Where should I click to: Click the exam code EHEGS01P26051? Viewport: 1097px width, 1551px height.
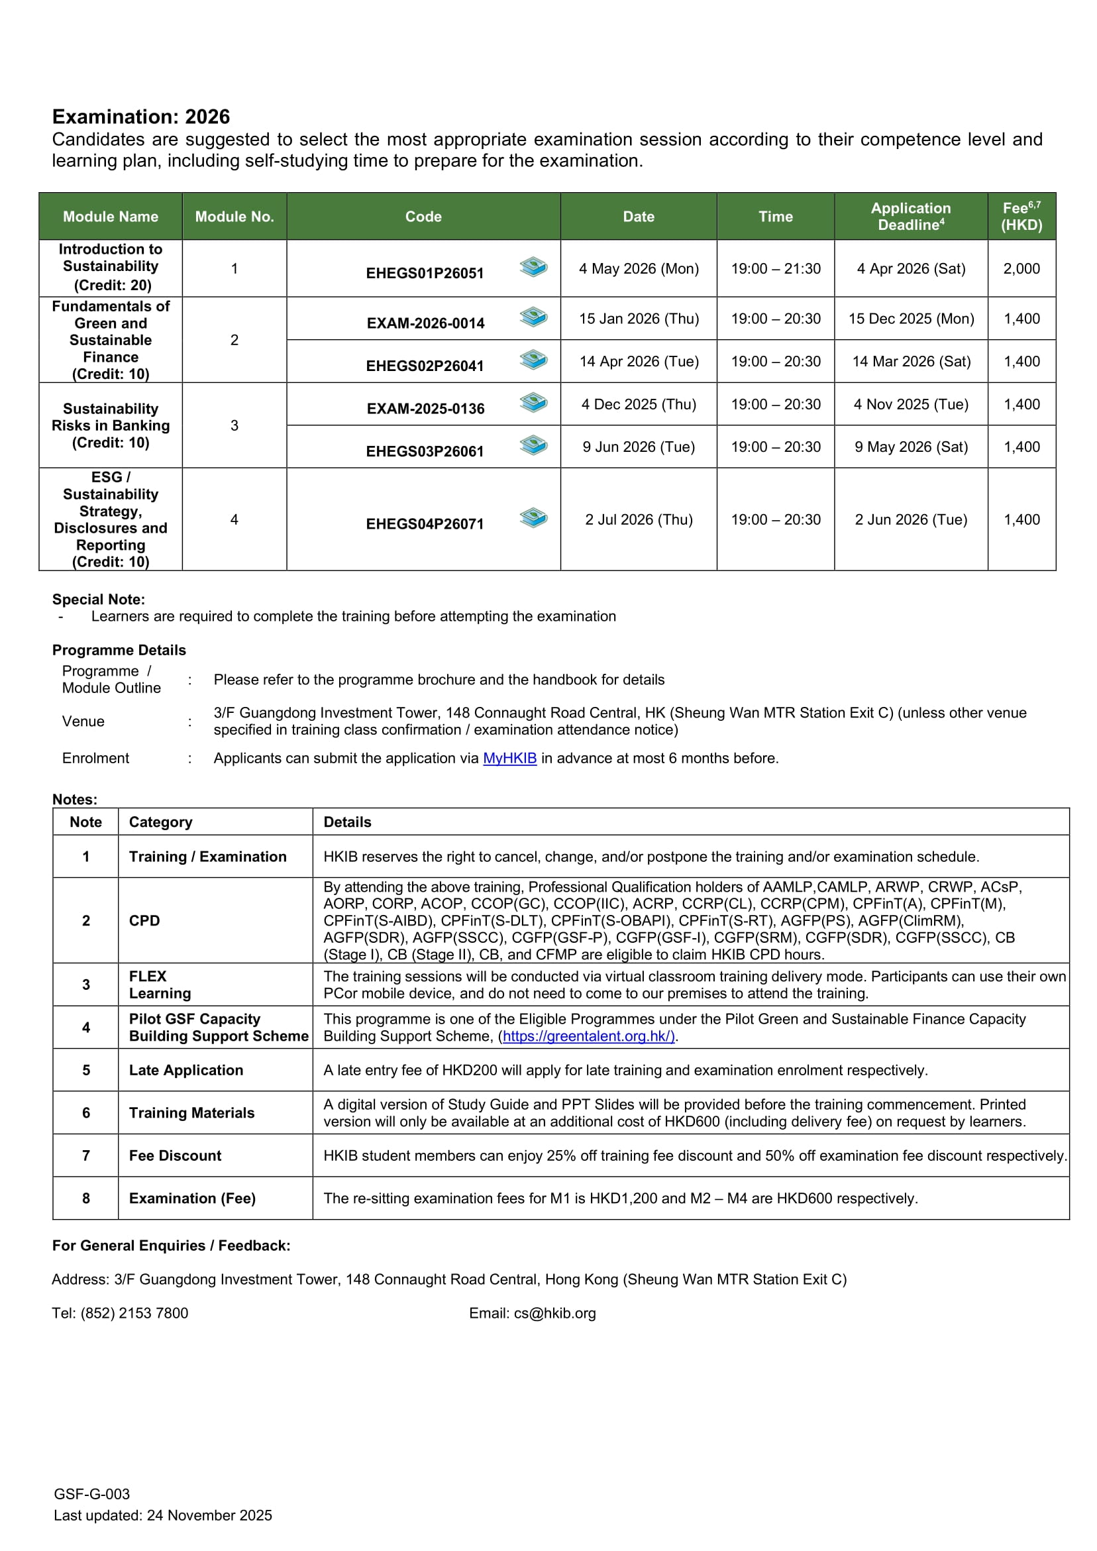(424, 273)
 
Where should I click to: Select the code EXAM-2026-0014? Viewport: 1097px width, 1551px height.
(425, 323)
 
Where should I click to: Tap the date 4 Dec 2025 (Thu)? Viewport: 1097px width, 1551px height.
(639, 404)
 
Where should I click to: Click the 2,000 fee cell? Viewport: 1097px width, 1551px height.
(1021, 268)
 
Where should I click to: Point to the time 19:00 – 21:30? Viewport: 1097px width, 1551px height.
(776, 268)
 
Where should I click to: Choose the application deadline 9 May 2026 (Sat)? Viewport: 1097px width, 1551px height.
(911, 447)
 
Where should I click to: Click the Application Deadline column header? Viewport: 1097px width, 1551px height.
(911, 216)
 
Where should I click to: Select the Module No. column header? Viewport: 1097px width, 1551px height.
(235, 216)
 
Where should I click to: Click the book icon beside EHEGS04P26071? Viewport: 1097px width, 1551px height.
(533, 518)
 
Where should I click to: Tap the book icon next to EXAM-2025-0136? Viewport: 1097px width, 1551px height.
(533, 403)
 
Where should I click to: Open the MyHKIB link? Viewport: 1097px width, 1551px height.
(509, 758)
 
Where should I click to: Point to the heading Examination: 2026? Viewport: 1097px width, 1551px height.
(141, 117)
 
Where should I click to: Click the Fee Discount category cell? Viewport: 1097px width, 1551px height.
(175, 1155)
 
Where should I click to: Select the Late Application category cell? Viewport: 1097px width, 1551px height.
(185, 1070)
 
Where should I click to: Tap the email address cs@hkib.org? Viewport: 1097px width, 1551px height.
(554, 1313)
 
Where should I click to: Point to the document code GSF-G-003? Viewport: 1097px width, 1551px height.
(92, 1494)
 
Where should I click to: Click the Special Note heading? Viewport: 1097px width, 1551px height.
(99, 599)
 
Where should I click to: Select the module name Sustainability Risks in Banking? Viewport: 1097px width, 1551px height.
(111, 425)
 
